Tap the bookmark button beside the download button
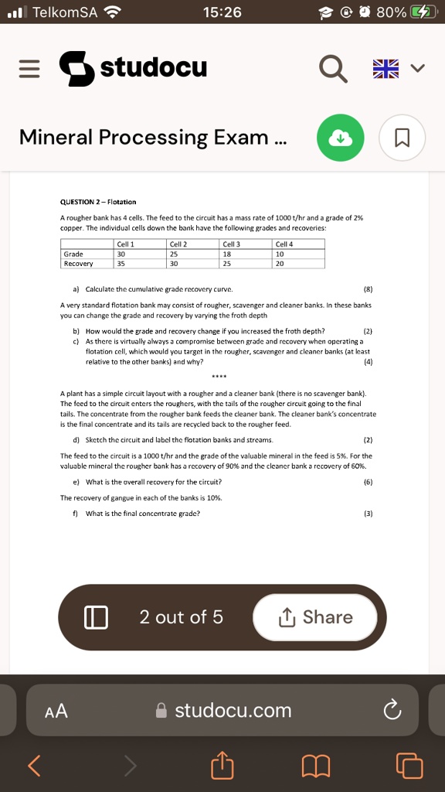(401, 138)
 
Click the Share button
(315, 617)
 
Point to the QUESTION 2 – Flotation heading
(98, 203)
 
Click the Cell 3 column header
(232, 244)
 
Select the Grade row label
(73, 254)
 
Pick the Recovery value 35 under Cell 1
(121, 263)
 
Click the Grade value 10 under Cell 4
(280, 254)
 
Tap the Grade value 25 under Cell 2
(174, 254)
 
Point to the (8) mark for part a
(368, 288)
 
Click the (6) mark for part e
(368, 482)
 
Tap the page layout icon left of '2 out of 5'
(95, 617)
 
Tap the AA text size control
(56, 711)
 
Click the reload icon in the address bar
(392, 710)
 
